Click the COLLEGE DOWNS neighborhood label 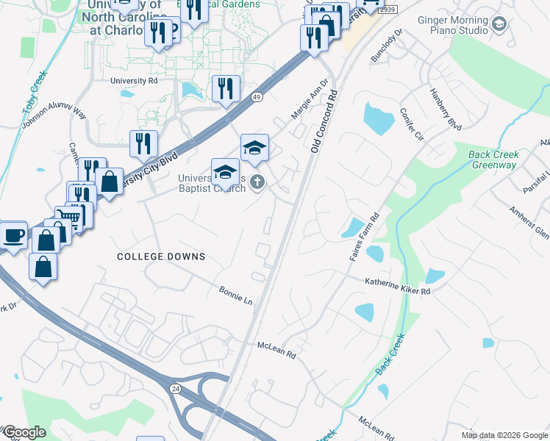click(161, 257)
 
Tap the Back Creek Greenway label click(493, 159)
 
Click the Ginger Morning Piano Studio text click(452, 26)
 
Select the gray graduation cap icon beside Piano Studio click(500, 26)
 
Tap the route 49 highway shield click(256, 97)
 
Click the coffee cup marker click(13, 235)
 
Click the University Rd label click(134, 81)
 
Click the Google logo click(24, 432)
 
